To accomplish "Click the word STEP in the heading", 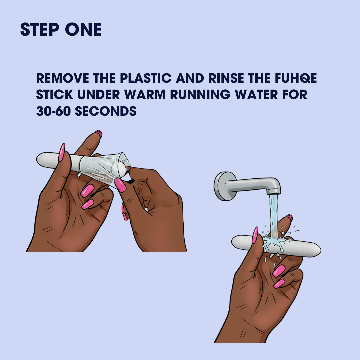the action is coord(39,29).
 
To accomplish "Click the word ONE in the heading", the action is coord(83,29).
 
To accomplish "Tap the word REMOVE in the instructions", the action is coord(63,78).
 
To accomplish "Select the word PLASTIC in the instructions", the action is coord(146,78).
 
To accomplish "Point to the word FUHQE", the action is coord(296,78).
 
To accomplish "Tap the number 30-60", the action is coord(53,111).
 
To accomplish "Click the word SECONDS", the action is coord(106,111).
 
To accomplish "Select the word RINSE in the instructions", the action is coord(226,78).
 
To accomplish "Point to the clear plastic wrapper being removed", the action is coord(103,169).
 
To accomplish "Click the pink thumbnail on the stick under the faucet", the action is coord(255,235).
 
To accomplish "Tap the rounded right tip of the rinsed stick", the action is coord(319,250).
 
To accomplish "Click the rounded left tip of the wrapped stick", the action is coord(39,158).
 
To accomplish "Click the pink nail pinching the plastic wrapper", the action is coord(120,185).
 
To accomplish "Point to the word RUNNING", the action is coord(200,95).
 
